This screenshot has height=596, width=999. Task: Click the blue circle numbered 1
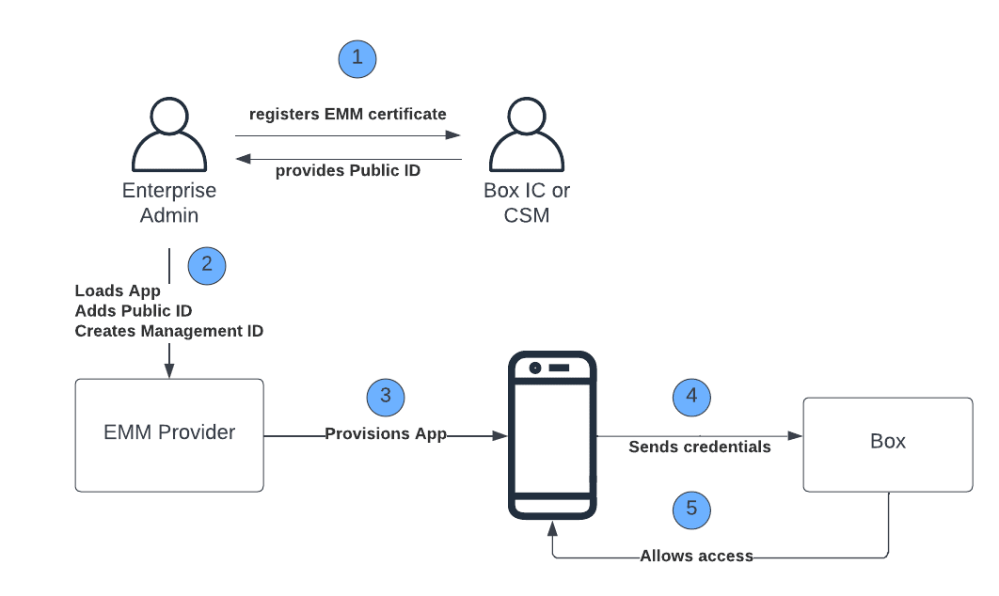(x=357, y=58)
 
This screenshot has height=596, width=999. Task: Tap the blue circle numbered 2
(x=207, y=266)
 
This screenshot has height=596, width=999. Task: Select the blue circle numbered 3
(x=385, y=397)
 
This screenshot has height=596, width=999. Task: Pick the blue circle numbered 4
(x=691, y=397)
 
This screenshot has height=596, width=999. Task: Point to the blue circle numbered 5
(x=691, y=510)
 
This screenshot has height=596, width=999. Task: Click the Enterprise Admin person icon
(x=169, y=136)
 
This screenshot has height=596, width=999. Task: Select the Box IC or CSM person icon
(x=526, y=136)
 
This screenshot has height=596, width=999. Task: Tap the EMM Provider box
(x=169, y=434)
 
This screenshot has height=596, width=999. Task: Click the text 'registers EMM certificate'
(x=347, y=115)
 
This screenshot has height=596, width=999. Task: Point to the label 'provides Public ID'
(x=347, y=171)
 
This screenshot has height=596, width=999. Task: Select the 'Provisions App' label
(x=385, y=434)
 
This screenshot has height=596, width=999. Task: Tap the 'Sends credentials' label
(x=699, y=447)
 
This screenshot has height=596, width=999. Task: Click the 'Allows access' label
(x=696, y=556)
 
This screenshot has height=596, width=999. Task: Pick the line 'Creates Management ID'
(x=168, y=331)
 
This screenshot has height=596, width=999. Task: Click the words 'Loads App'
(x=118, y=291)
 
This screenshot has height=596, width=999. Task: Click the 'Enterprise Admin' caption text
(x=169, y=202)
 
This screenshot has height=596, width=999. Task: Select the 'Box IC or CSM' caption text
(x=527, y=202)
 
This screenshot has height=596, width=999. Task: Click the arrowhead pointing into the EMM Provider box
(x=169, y=373)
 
